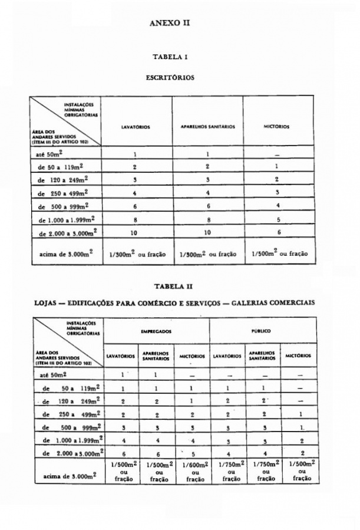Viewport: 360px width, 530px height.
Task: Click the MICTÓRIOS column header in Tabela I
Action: pyautogui.click(x=277, y=126)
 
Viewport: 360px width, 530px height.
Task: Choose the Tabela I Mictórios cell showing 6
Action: pyautogui.click(x=277, y=232)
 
